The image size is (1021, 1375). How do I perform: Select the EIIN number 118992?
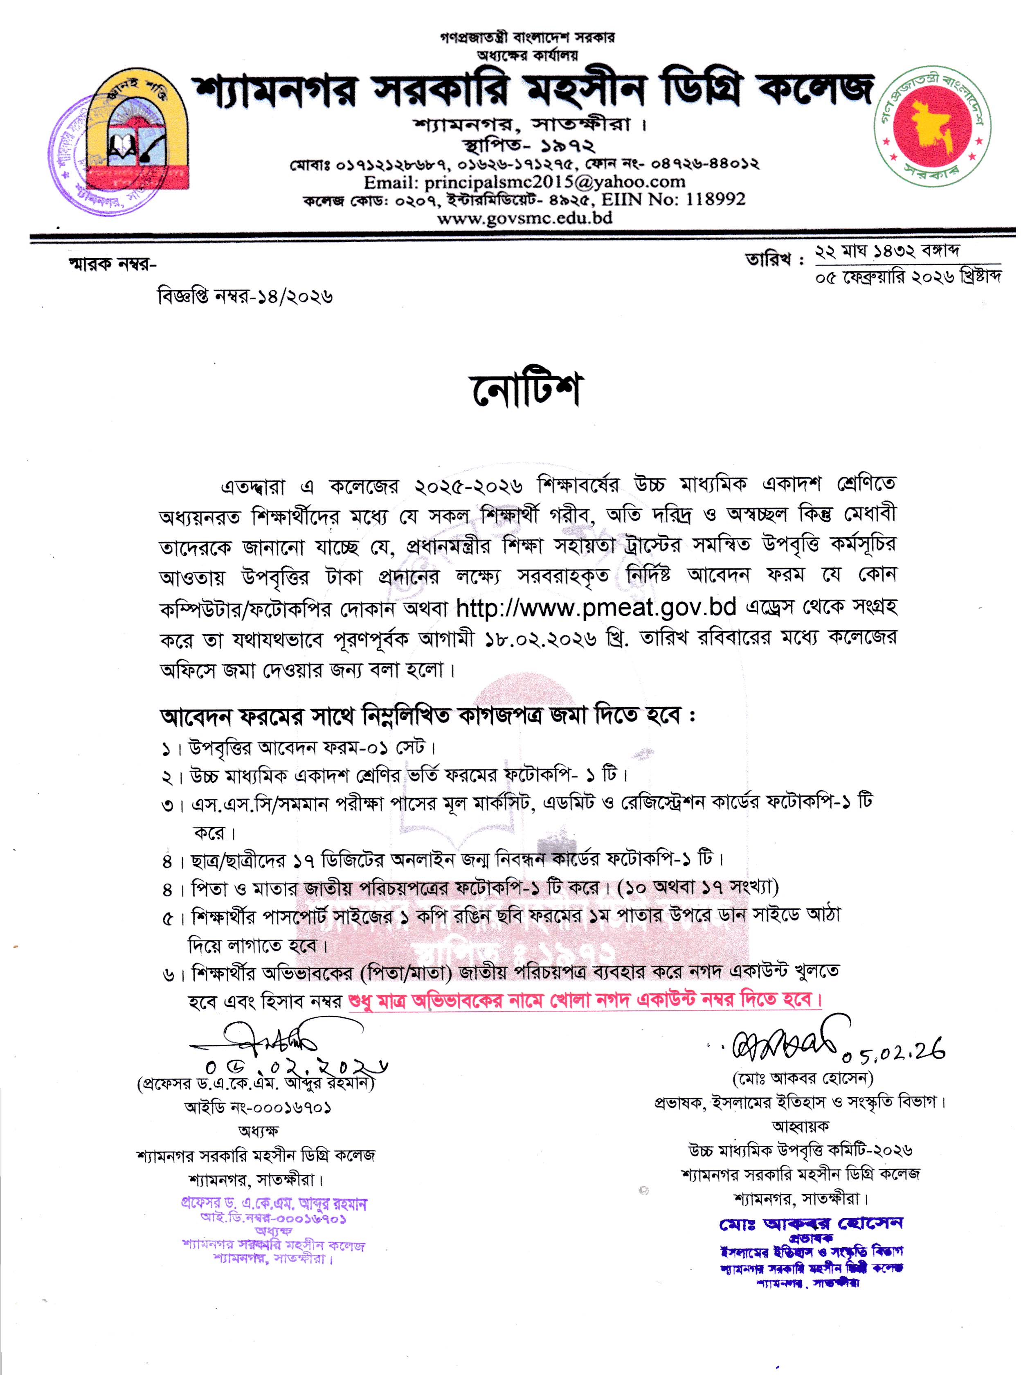716,199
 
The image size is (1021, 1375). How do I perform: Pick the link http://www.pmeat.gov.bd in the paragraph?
596,608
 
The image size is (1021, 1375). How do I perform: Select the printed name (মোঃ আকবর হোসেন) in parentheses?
802,1079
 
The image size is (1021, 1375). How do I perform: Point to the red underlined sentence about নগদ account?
585,1000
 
